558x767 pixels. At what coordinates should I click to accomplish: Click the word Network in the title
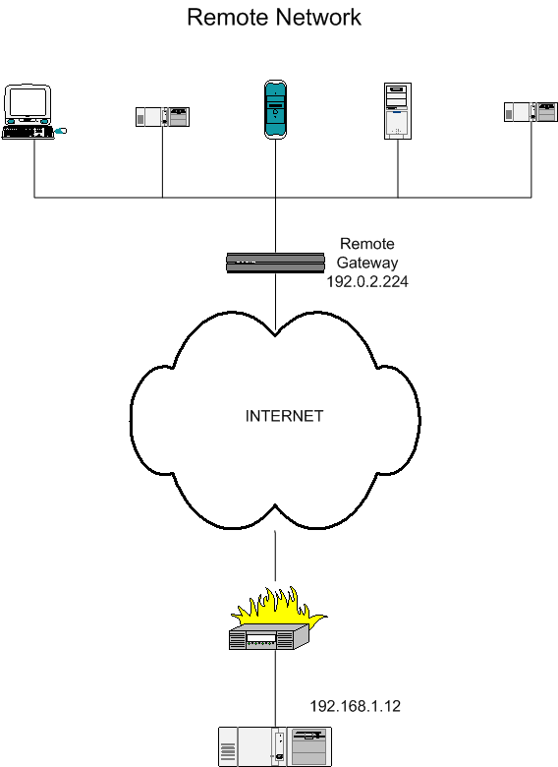click(317, 17)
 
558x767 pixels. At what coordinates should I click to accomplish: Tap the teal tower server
click(275, 109)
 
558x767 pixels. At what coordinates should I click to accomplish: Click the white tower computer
click(398, 111)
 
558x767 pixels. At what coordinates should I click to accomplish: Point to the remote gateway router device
click(275, 263)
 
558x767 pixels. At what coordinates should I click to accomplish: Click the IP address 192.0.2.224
click(367, 281)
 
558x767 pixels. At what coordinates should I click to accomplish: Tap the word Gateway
click(367, 263)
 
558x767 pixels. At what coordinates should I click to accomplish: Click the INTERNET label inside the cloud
click(284, 416)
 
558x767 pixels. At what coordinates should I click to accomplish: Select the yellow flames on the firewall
click(279, 606)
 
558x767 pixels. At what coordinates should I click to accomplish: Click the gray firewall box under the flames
click(269, 636)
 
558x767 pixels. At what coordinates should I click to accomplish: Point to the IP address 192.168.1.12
click(356, 706)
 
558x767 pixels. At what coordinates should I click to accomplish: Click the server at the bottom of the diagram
click(275, 746)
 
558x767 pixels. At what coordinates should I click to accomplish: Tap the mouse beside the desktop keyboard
click(61, 131)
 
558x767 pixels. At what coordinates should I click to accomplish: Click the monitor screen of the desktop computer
click(28, 101)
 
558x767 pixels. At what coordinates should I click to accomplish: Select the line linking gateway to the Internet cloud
click(275, 302)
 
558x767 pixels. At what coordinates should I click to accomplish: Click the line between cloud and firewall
click(275, 556)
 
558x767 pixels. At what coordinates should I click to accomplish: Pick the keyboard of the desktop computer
click(28, 132)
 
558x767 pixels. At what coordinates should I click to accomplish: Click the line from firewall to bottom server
click(275, 688)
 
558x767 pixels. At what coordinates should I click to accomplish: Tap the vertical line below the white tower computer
click(398, 168)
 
